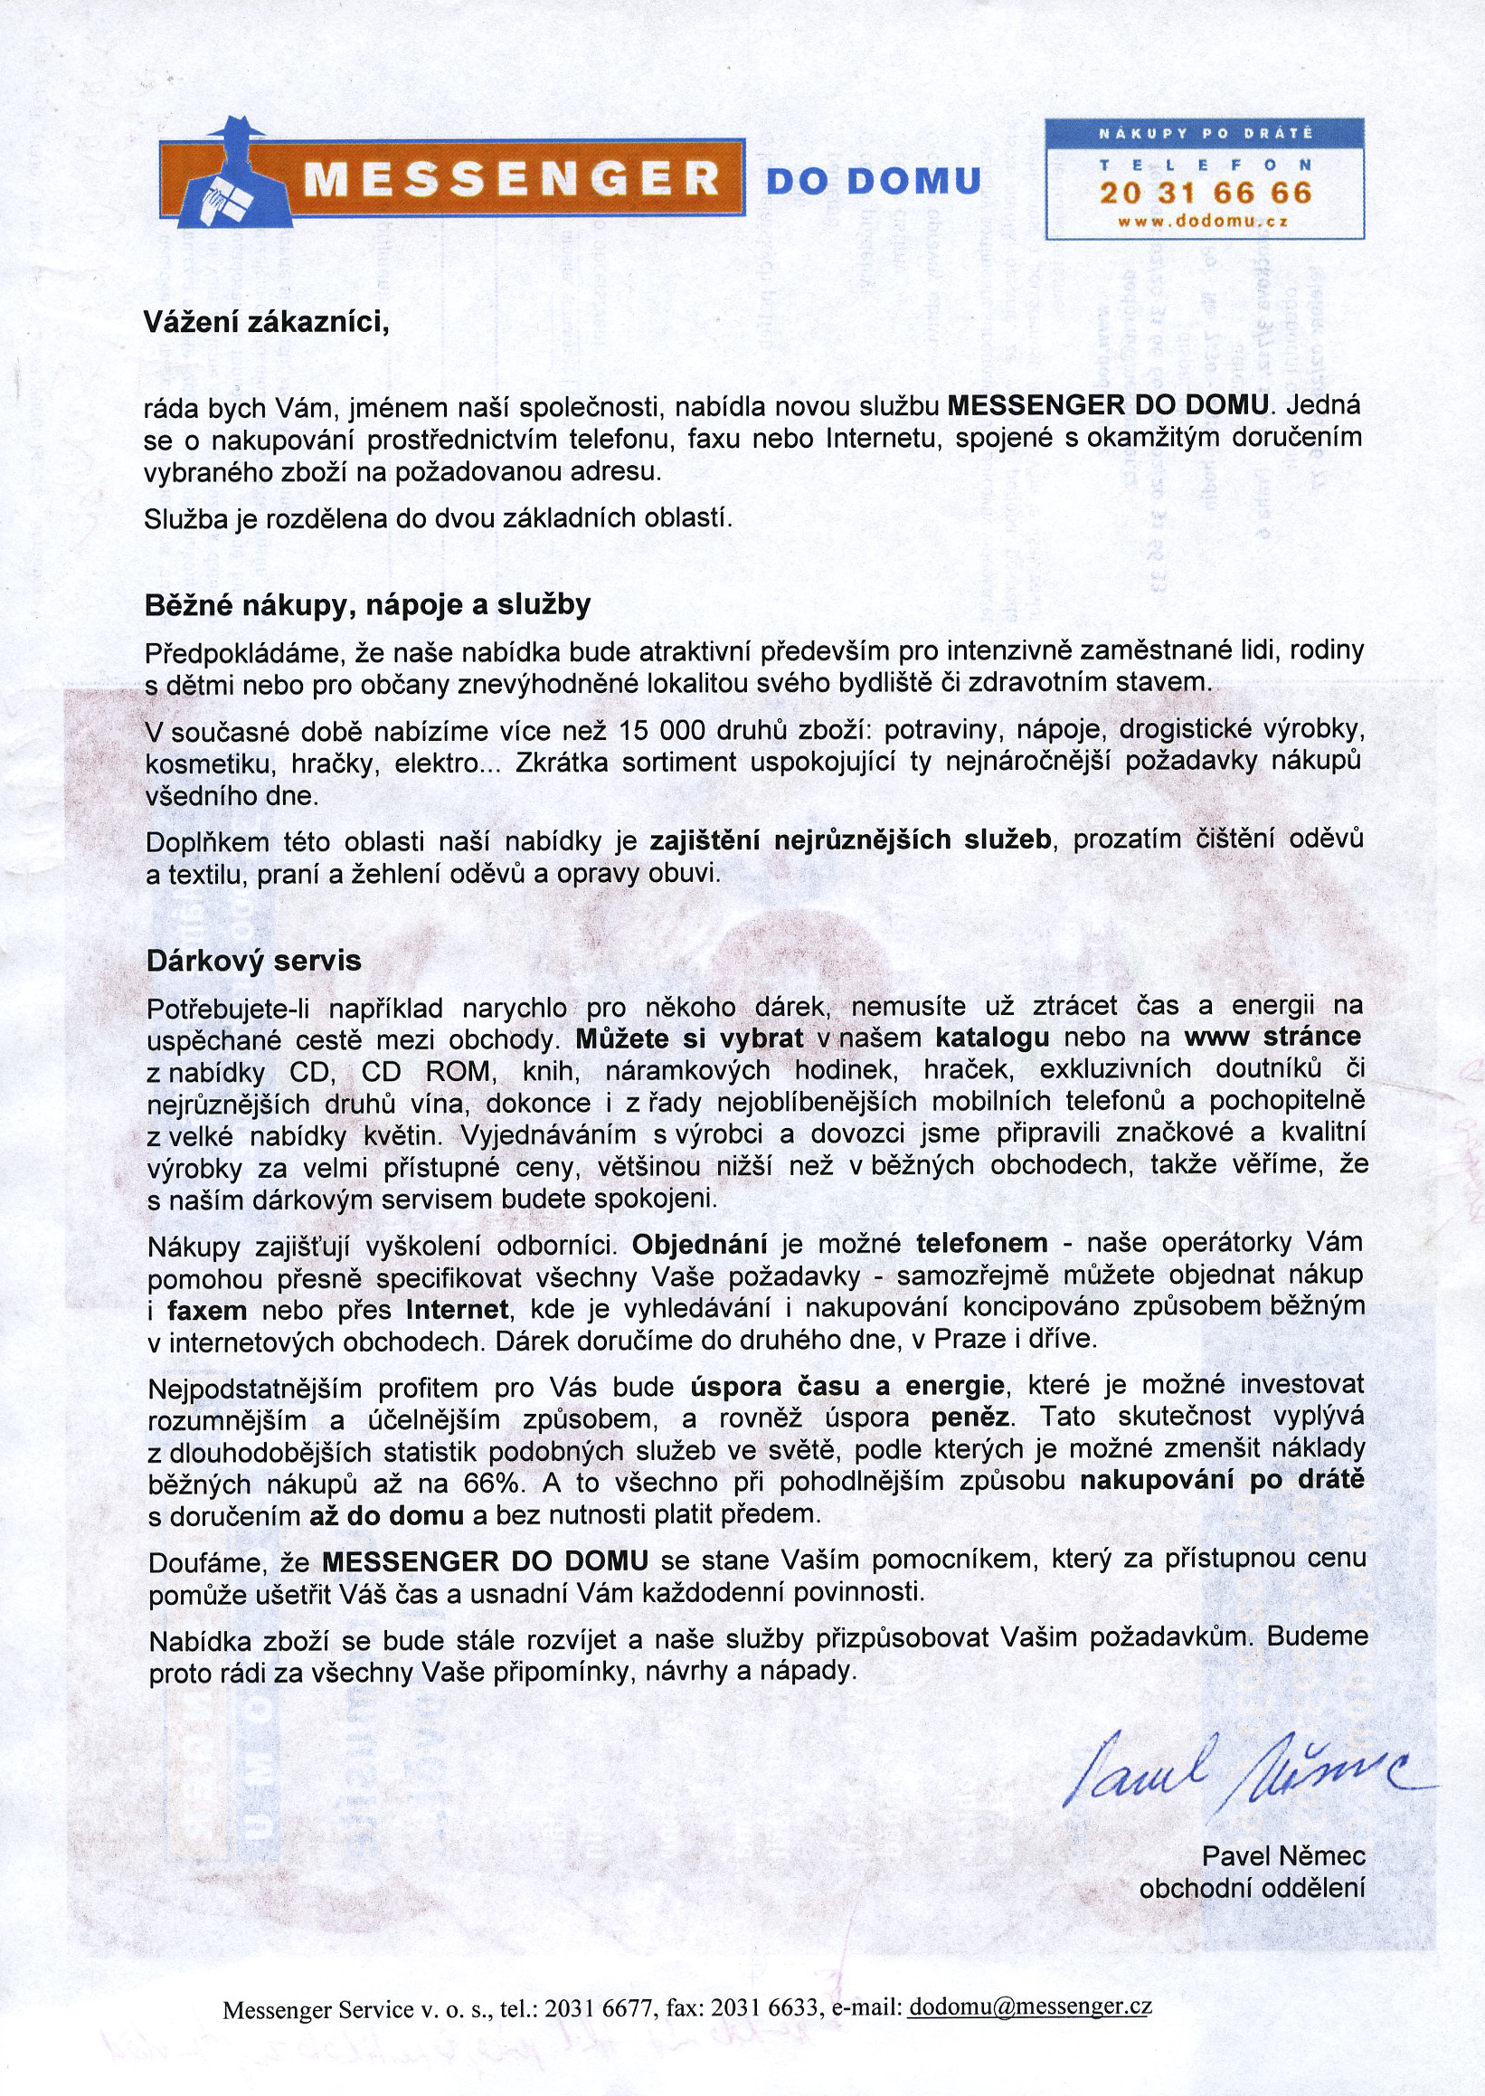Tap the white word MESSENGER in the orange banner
(x=512, y=178)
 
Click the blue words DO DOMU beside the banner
(x=874, y=181)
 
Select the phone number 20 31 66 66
(x=1206, y=193)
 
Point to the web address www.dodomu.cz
(x=1204, y=221)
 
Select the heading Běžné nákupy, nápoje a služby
(x=367, y=605)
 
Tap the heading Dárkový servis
(x=254, y=960)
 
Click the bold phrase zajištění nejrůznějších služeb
(x=850, y=839)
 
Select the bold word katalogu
(x=992, y=1037)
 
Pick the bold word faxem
(x=208, y=1310)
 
